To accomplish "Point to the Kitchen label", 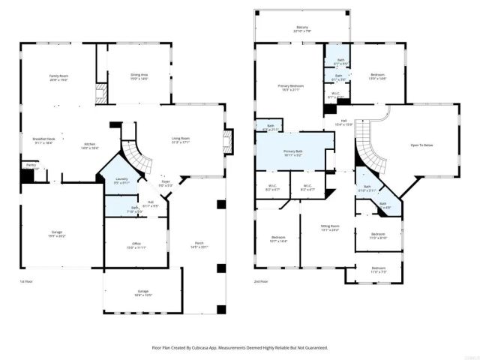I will pyautogui.click(x=89, y=145).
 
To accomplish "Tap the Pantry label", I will pyautogui.click(x=31, y=164).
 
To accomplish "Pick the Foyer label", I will pyautogui.click(x=167, y=182).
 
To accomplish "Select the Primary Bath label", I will pyautogui.click(x=293, y=152).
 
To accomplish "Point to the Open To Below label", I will pyautogui.click(x=422, y=145).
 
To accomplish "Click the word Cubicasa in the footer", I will pyautogui.click(x=209, y=348).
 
